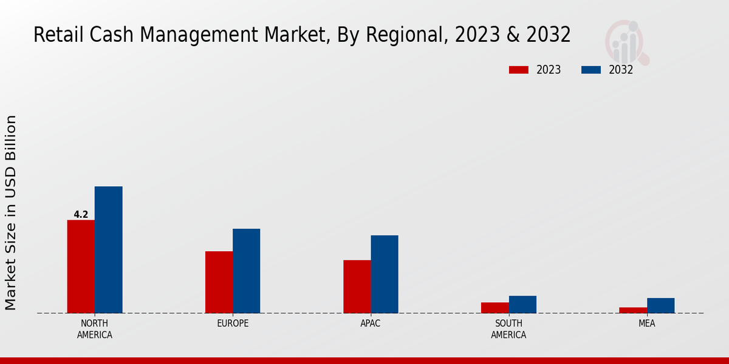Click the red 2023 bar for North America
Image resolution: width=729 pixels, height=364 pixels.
click(81, 266)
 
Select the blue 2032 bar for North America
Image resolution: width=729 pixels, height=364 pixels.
click(108, 249)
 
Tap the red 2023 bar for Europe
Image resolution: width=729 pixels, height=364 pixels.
click(219, 282)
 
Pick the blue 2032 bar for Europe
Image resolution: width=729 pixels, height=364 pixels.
click(246, 271)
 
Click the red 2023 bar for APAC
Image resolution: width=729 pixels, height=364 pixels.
click(357, 286)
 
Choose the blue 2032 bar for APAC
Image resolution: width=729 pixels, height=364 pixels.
click(385, 274)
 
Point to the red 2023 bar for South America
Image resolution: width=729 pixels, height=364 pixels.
click(495, 308)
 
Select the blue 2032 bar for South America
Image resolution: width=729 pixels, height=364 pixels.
click(522, 305)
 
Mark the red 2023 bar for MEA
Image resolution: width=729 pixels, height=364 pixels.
click(633, 310)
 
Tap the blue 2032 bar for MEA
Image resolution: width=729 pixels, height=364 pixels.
click(660, 306)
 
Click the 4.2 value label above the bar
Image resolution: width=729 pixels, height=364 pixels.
click(81, 214)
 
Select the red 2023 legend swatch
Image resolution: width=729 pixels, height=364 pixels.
click(519, 70)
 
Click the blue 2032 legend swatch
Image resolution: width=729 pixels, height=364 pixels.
click(591, 70)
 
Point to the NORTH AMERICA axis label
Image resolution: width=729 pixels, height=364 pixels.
click(94, 329)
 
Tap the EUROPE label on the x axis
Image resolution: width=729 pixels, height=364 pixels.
click(233, 323)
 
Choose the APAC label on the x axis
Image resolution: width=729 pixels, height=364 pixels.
click(371, 323)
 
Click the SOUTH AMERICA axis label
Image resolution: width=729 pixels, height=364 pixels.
click(508, 329)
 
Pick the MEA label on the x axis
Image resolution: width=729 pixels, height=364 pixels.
click(646, 323)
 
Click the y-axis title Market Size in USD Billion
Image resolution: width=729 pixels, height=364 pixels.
click(11, 212)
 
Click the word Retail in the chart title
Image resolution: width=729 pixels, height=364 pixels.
click(53, 35)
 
